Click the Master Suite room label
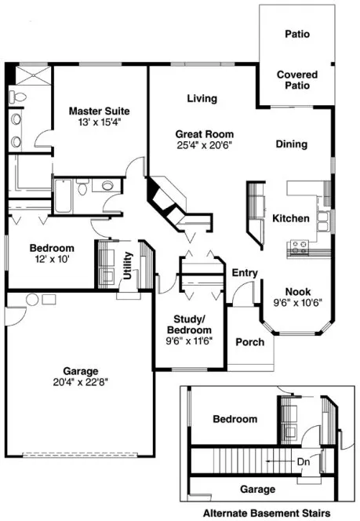pyautogui.click(x=99, y=111)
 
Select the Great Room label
pyautogui.click(x=203, y=134)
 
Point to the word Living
pyautogui.click(x=202, y=99)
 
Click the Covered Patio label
pyautogui.click(x=297, y=80)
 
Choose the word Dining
pyautogui.click(x=291, y=144)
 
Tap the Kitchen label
pyautogui.click(x=290, y=219)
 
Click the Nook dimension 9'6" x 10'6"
pyautogui.click(x=297, y=302)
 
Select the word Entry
pyautogui.click(x=245, y=272)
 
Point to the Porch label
pyautogui.click(x=250, y=342)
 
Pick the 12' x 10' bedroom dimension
pyautogui.click(x=53, y=259)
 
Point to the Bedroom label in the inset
pyautogui.click(x=235, y=419)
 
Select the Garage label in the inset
pyautogui.click(x=257, y=490)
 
